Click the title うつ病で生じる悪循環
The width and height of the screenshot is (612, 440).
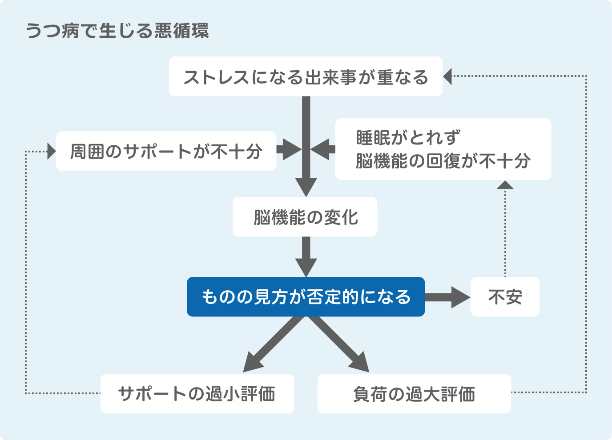point(117,31)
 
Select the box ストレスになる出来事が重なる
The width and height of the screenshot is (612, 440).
point(306,76)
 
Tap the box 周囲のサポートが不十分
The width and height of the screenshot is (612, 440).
point(166,151)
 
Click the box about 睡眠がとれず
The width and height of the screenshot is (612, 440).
point(443,149)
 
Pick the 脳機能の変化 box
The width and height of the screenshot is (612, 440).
point(305,217)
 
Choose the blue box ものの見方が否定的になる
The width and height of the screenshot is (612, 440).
point(306,297)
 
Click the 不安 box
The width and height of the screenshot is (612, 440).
point(505,297)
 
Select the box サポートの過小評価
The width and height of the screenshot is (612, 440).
point(197,394)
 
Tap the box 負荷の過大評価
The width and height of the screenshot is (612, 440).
point(414,394)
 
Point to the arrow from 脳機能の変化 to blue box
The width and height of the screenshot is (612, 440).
point(306,256)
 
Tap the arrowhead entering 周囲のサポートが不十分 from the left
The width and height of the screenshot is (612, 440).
point(51,151)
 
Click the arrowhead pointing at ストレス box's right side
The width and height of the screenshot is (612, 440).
point(448,76)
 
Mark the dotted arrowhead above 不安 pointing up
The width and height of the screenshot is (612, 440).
point(505,185)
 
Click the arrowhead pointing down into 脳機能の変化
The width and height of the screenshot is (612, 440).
point(306,187)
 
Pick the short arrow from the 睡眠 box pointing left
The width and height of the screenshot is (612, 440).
point(323,149)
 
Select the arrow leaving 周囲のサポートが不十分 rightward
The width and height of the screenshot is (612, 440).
point(288,149)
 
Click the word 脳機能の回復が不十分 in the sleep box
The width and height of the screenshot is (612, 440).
point(443,161)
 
